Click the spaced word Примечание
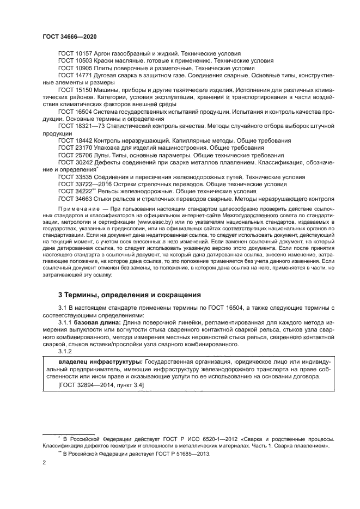tap(76, 209)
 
